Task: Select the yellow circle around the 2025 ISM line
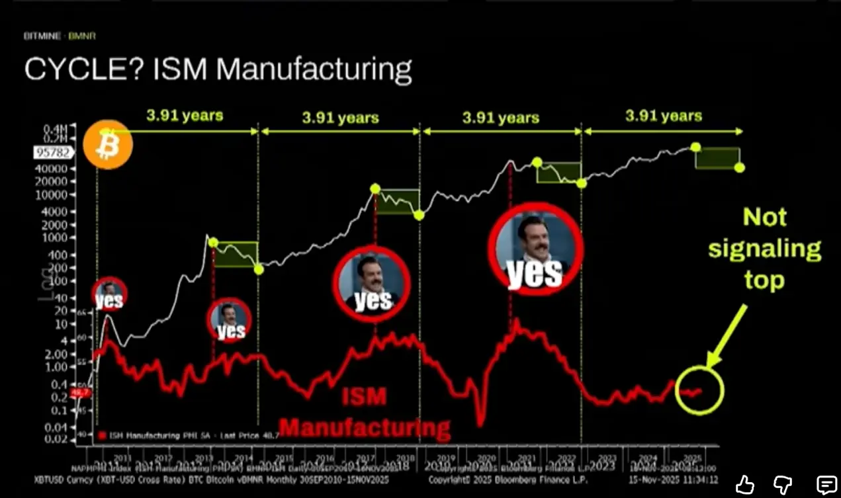click(x=699, y=390)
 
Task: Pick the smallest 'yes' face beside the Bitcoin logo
click(x=109, y=295)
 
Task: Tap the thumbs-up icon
click(x=745, y=484)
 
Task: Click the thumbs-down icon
click(x=785, y=484)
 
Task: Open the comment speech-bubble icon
click(x=826, y=484)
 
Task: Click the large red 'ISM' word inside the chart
click(x=363, y=397)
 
